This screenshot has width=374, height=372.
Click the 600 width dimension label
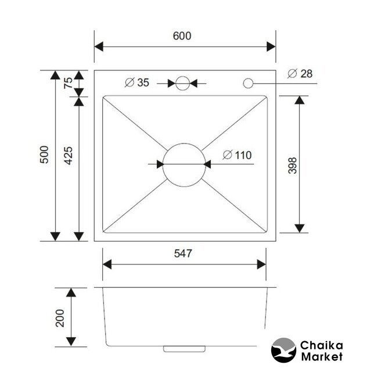(x=182, y=36)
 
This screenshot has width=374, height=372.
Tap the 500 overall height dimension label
(x=44, y=155)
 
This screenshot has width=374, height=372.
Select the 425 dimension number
(x=68, y=156)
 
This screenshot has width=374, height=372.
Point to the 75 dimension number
(x=68, y=83)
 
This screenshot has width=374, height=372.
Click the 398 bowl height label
(x=293, y=166)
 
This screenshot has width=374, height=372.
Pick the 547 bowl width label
(x=183, y=253)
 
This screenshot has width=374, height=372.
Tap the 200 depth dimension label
(x=60, y=318)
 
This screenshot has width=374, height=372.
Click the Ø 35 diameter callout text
(x=137, y=83)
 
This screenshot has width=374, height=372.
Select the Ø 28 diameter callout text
(x=300, y=73)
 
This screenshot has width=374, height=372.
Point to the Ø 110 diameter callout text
(x=237, y=155)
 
